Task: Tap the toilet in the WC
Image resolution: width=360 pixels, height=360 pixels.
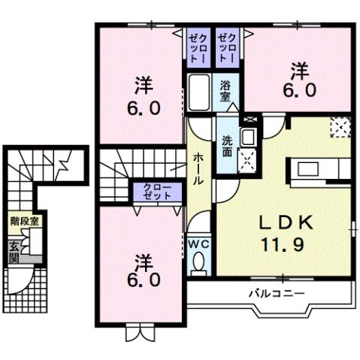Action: [x=199, y=262]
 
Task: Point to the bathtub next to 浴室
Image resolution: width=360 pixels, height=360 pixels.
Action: [x=199, y=94]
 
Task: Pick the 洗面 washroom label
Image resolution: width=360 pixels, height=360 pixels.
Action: [x=227, y=145]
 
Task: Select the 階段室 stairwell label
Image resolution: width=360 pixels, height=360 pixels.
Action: [x=23, y=222]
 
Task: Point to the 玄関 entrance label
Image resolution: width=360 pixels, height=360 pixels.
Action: [x=14, y=250]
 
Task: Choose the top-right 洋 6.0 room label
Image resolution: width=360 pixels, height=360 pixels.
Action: [x=298, y=82]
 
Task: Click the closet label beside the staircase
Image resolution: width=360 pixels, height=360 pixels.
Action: [x=156, y=191]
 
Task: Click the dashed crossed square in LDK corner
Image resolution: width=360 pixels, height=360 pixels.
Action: [x=340, y=128]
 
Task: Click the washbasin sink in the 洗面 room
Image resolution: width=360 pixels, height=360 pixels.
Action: [x=249, y=136]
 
